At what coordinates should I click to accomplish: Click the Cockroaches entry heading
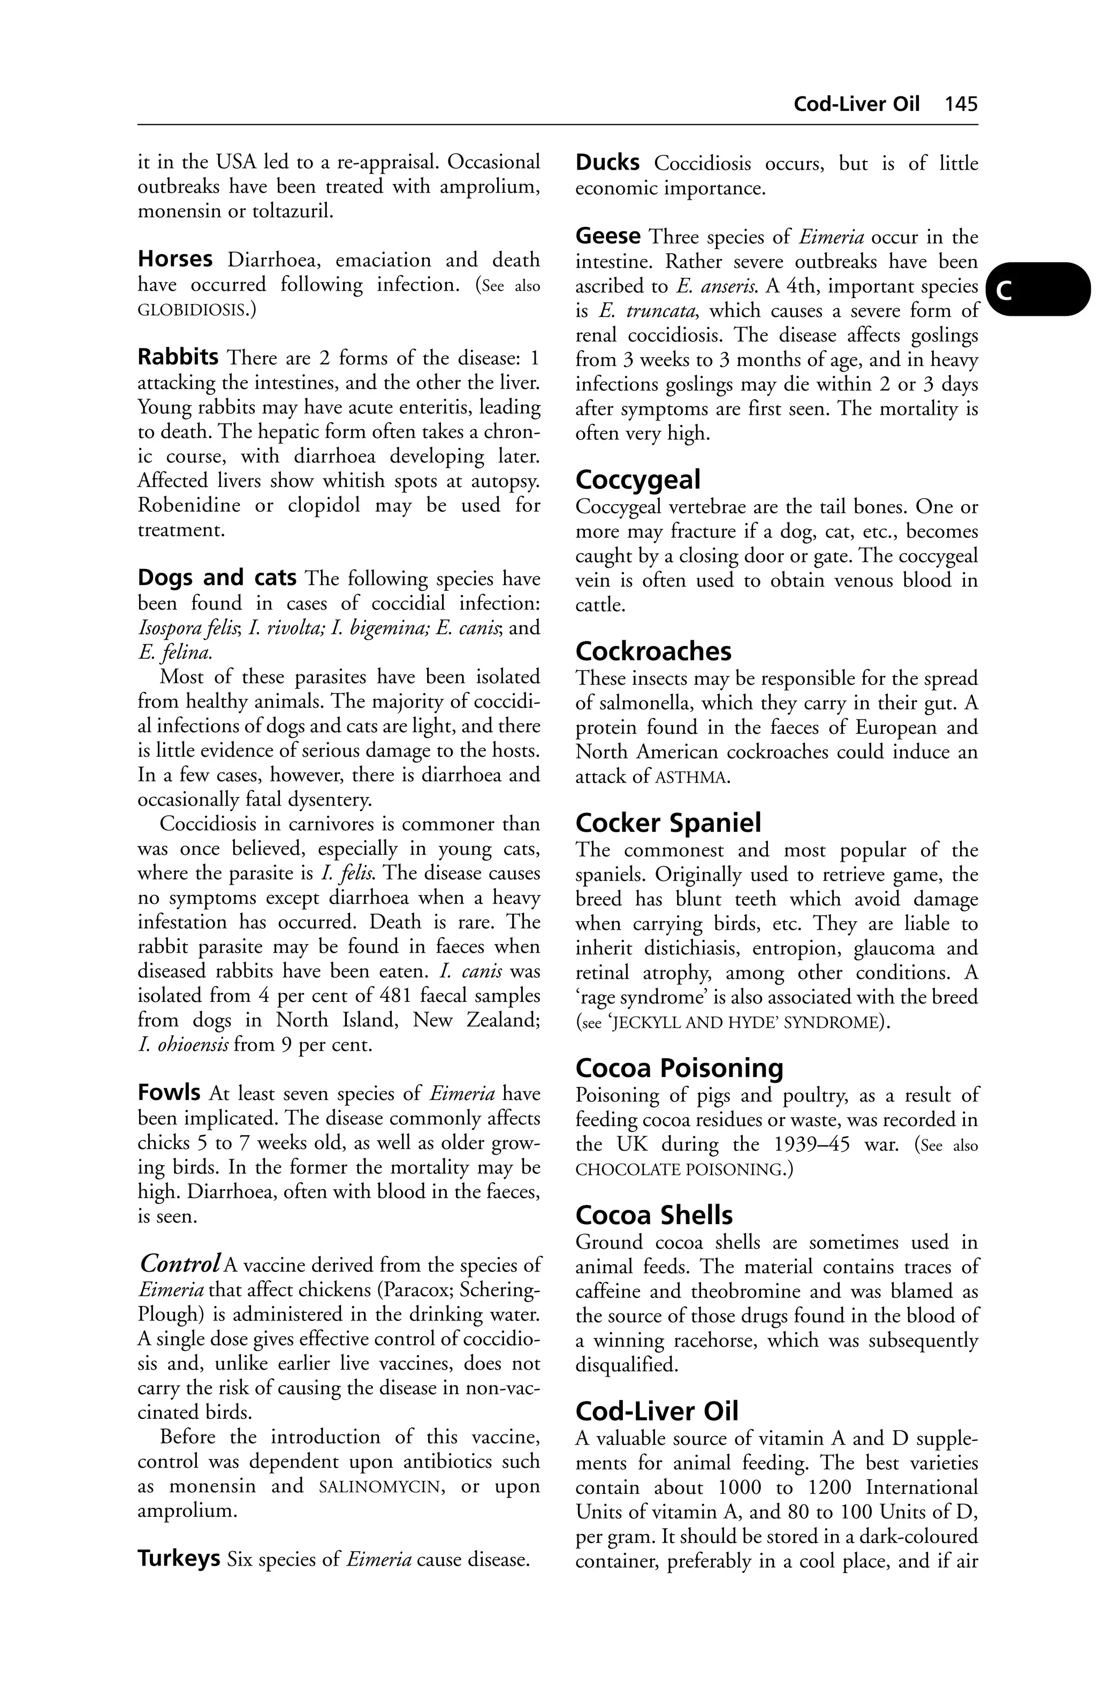point(652,651)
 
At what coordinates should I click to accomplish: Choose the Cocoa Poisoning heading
point(679,1068)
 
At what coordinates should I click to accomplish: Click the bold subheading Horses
point(174,259)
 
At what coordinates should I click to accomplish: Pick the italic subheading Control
point(179,1264)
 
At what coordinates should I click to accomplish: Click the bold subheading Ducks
point(607,163)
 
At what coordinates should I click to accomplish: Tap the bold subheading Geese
point(608,237)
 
